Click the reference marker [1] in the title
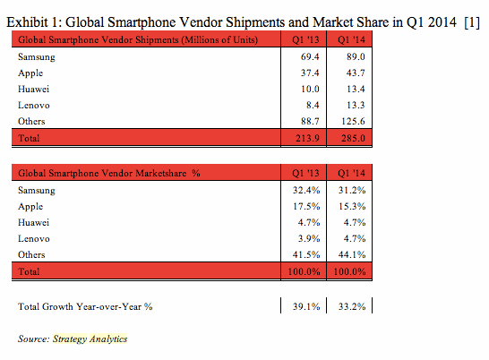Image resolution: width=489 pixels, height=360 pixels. coord(472,19)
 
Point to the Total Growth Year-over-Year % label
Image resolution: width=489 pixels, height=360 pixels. coord(85,306)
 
